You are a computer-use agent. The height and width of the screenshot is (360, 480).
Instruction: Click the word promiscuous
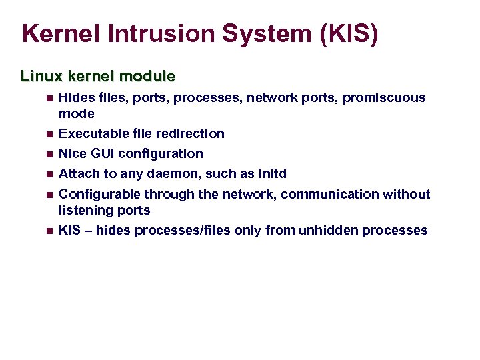tap(384, 98)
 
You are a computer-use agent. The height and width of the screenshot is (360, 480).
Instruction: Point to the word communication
tap(329, 194)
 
